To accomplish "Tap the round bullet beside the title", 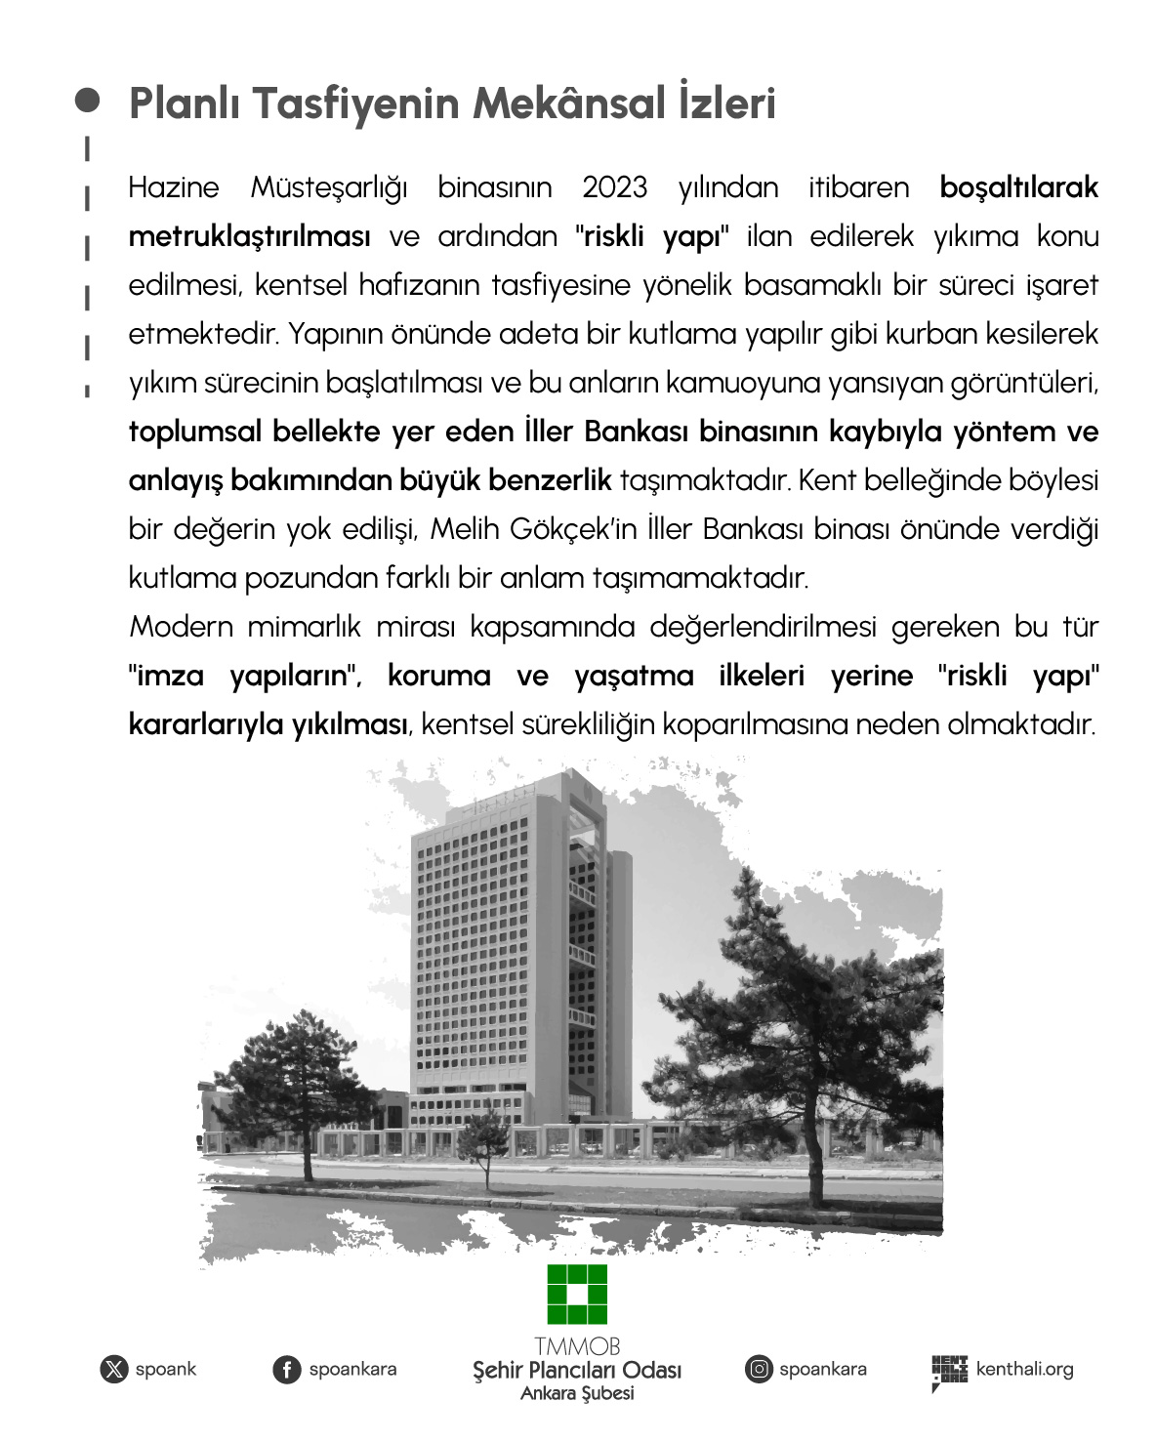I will pos(88,101).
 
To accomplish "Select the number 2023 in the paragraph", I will pos(614,187).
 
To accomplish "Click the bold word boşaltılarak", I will pos(1018,187).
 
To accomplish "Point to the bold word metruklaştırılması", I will pos(249,236).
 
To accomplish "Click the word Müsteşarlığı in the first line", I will pos(329,187).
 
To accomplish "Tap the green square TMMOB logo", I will pos(577,1296).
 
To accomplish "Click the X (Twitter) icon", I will pos(114,1370).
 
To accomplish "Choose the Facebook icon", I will pos(286,1370).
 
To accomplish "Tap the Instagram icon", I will pos(759,1370).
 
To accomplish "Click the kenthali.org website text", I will pos(1024,1370).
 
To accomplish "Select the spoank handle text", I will pos(166,1370).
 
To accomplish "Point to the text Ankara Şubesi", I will pos(577,1394).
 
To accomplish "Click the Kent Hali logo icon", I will pos(948,1372).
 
